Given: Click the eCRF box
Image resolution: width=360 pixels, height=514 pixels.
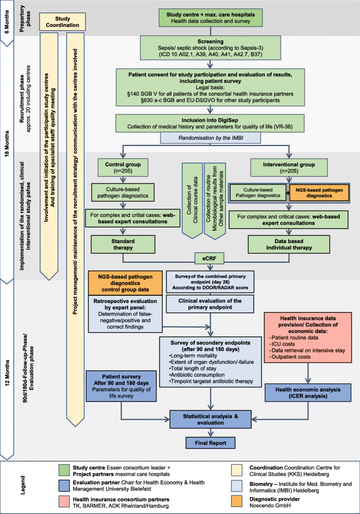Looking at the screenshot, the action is click(209, 259).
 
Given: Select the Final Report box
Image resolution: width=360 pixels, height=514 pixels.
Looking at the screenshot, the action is click(210, 443).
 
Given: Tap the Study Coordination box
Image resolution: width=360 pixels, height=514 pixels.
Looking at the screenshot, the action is click(62, 22).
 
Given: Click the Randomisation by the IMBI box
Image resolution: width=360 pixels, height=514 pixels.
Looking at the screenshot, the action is click(210, 138).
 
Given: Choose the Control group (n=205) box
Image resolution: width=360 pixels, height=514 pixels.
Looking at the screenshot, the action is click(123, 167).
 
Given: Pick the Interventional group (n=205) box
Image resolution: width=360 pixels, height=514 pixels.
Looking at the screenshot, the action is click(289, 167).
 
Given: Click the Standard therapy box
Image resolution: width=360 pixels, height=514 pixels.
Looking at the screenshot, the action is click(123, 244).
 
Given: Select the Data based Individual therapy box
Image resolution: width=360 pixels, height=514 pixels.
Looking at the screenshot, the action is click(289, 244).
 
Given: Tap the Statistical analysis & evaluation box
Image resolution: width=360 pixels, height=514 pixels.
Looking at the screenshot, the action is click(210, 419).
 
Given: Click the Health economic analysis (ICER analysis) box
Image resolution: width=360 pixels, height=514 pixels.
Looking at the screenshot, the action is click(308, 393).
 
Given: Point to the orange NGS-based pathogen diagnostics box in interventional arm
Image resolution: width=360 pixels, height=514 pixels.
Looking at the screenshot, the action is click(319, 193).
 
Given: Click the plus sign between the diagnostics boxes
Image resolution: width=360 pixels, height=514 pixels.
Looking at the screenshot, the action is click(287, 193).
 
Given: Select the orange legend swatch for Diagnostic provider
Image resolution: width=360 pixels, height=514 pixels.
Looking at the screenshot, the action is click(237, 501).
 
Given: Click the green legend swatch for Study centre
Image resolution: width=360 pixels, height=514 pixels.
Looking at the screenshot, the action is click(65, 470).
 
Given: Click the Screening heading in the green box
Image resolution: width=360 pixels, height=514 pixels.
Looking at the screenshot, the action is click(210, 41).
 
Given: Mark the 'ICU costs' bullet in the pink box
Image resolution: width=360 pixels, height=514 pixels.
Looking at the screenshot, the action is click(282, 344).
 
